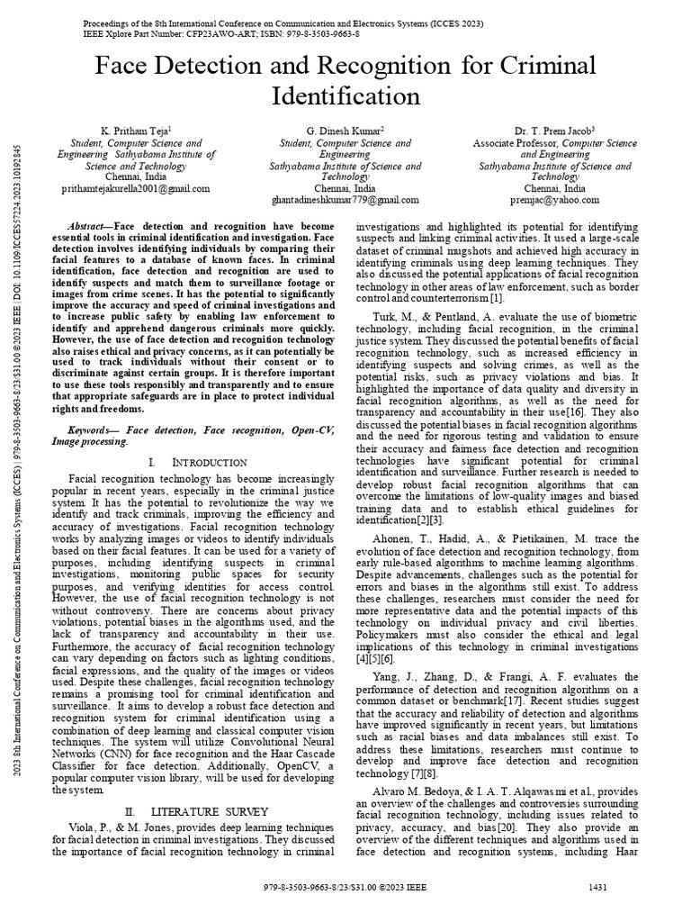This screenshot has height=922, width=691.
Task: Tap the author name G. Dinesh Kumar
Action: (x=345, y=131)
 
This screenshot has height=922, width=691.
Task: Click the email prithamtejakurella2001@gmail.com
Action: (x=136, y=189)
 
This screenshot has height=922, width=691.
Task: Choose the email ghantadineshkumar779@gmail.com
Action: (x=345, y=200)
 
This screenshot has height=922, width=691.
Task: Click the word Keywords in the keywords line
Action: (x=95, y=431)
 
